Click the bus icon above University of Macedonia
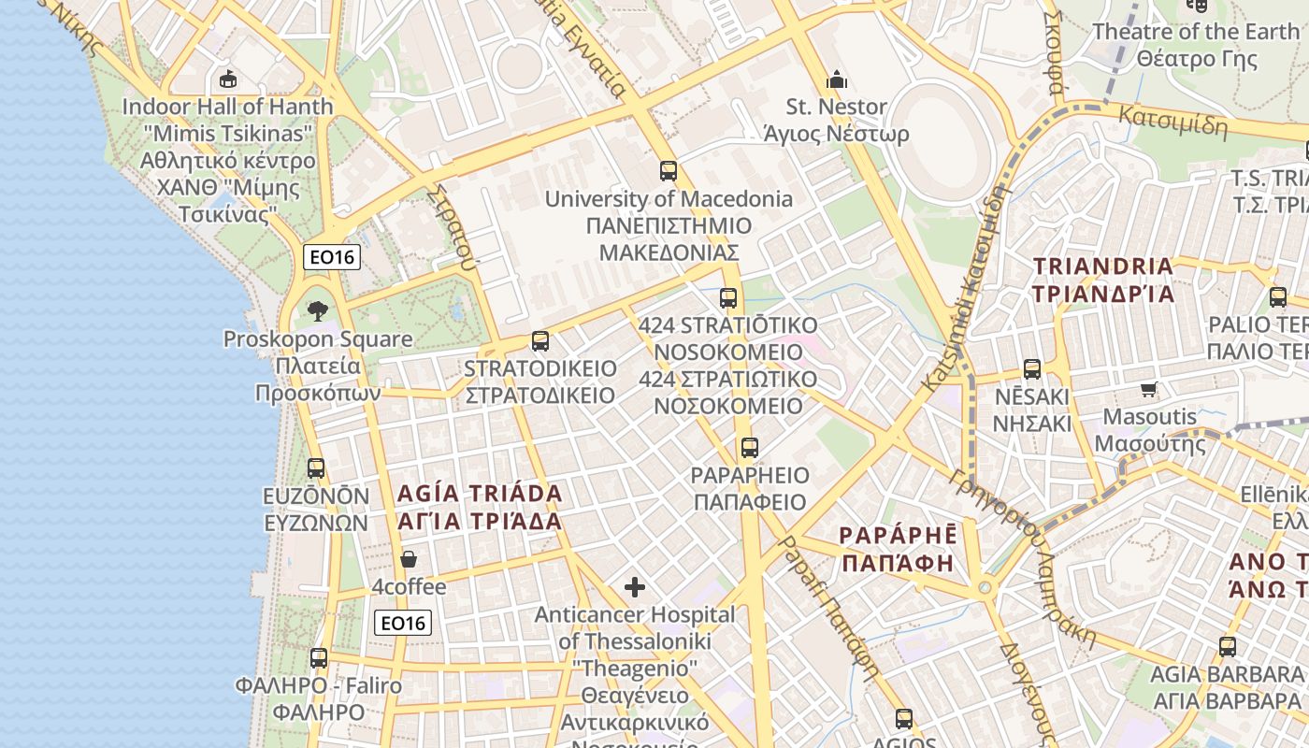point(668,171)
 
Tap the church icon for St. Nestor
point(836,79)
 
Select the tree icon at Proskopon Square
point(318,310)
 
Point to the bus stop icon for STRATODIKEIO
point(539,341)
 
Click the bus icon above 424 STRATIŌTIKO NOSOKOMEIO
point(727,298)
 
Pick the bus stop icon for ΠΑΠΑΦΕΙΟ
point(749,448)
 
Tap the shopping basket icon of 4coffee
point(409,560)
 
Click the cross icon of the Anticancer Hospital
point(635,587)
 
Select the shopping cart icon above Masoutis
point(1149,389)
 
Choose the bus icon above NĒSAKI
point(1031,369)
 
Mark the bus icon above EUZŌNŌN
point(316,468)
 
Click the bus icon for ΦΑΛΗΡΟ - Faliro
point(318,658)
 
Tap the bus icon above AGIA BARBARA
point(1227,646)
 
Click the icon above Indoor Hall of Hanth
point(226,79)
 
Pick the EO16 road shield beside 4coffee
point(403,623)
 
